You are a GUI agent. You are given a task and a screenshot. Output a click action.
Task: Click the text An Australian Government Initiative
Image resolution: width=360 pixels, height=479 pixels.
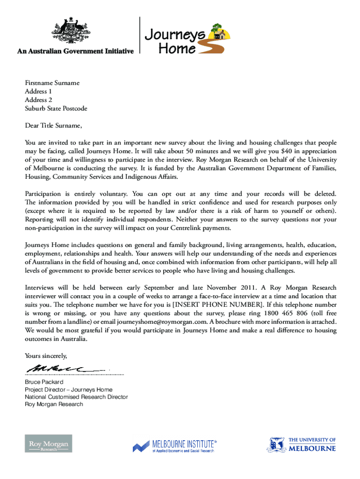pyautogui.click(x=76, y=51)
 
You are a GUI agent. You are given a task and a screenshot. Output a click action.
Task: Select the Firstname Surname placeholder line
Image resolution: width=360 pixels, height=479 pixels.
pyautogui.click(x=52, y=83)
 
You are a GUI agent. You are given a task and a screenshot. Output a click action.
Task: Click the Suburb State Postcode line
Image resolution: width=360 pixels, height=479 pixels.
pyautogui.click(x=56, y=109)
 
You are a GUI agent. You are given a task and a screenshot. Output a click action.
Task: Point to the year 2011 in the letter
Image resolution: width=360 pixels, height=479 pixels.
pyautogui.click(x=246, y=288)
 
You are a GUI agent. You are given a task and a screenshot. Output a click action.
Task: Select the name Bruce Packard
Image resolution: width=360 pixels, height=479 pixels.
pyautogui.click(x=44, y=382)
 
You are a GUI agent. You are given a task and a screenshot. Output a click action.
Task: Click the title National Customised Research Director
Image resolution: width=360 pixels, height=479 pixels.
pyautogui.click(x=76, y=397)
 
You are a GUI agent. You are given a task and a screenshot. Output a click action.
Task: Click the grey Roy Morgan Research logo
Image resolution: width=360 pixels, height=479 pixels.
pyautogui.click(x=49, y=443)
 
